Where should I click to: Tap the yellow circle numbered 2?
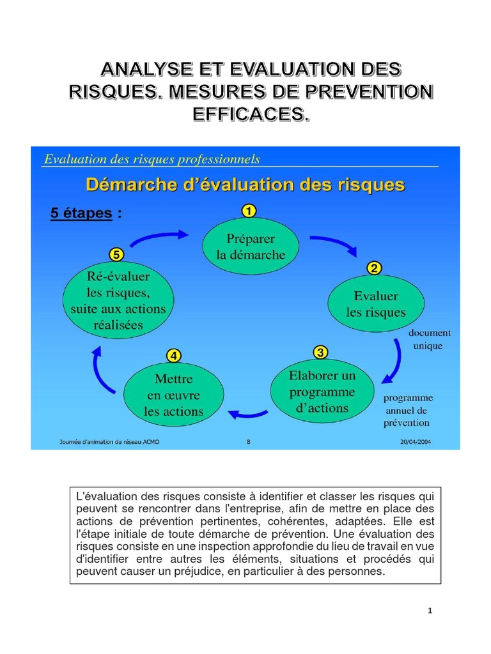(x=374, y=268)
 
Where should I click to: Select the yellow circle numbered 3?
(x=320, y=352)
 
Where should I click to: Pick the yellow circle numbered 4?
(x=173, y=354)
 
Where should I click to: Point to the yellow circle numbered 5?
(x=116, y=254)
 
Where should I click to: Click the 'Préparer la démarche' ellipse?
(x=251, y=247)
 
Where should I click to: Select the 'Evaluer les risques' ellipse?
(x=376, y=304)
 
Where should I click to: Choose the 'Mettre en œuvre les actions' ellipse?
(x=173, y=395)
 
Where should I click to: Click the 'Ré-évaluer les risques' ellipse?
(x=118, y=300)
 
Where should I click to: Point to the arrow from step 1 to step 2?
(x=332, y=245)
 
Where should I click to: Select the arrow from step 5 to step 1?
(x=160, y=237)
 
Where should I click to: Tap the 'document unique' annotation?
(x=430, y=339)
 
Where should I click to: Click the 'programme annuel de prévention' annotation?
(x=407, y=410)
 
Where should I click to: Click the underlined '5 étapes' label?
(x=81, y=213)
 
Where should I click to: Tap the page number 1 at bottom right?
(x=430, y=611)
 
